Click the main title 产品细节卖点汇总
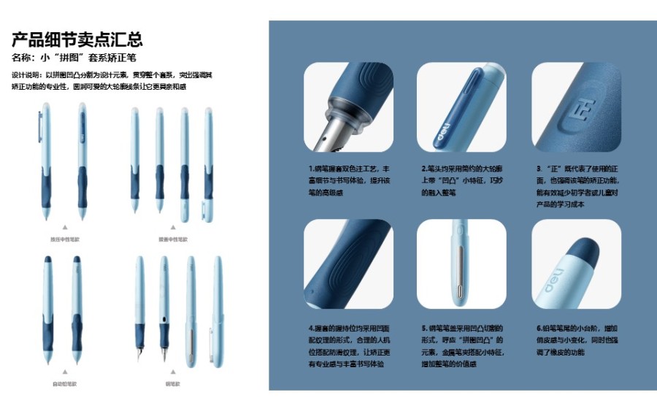[x=77, y=39]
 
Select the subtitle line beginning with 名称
[x=74, y=57]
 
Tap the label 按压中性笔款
[x=64, y=239]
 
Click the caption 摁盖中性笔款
[x=172, y=239]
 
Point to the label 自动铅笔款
[x=64, y=383]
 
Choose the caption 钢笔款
[x=172, y=383]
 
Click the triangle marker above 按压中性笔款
[x=64, y=227]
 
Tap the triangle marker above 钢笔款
[x=172, y=371]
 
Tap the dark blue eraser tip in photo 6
[x=586, y=250]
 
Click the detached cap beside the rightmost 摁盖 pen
[x=207, y=212]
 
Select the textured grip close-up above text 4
[x=347, y=264]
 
